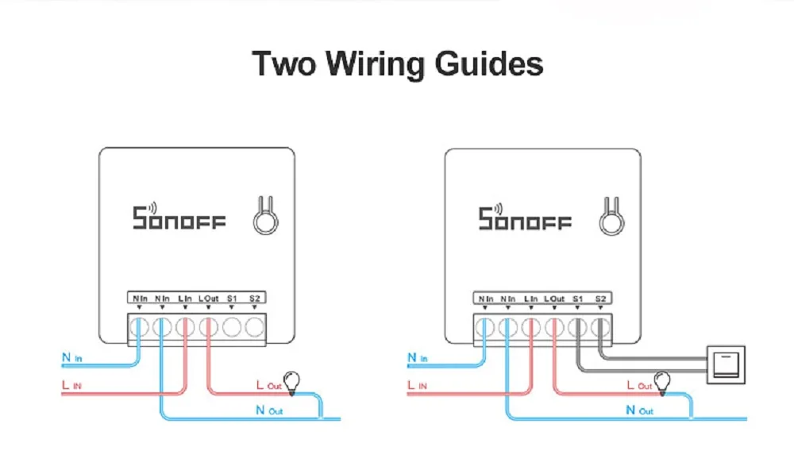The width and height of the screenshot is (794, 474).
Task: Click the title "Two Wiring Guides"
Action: (x=397, y=64)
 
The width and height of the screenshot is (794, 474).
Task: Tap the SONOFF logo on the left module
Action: (x=179, y=216)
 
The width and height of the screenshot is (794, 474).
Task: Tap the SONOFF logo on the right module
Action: (x=524, y=216)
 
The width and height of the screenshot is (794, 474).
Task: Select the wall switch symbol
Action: (x=726, y=364)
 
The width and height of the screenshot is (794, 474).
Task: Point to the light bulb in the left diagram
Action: (x=291, y=382)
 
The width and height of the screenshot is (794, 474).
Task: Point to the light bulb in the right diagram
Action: (x=661, y=383)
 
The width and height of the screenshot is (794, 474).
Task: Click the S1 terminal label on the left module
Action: (x=232, y=299)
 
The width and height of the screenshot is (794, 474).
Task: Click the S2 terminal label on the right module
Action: (x=600, y=299)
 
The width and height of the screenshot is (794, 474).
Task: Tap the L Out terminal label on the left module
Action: (x=208, y=299)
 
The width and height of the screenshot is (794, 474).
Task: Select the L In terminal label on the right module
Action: (x=530, y=299)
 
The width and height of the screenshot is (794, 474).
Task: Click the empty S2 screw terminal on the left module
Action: (x=254, y=326)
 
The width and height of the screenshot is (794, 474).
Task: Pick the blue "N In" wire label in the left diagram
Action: (x=72, y=358)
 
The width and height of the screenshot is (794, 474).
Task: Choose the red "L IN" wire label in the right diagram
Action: (x=418, y=385)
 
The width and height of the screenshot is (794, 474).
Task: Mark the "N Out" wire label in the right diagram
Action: (x=639, y=410)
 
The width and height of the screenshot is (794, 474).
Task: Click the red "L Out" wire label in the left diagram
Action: (x=267, y=385)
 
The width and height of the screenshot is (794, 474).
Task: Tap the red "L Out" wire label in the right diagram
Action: (x=638, y=385)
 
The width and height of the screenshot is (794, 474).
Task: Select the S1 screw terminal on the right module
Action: (x=577, y=326)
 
